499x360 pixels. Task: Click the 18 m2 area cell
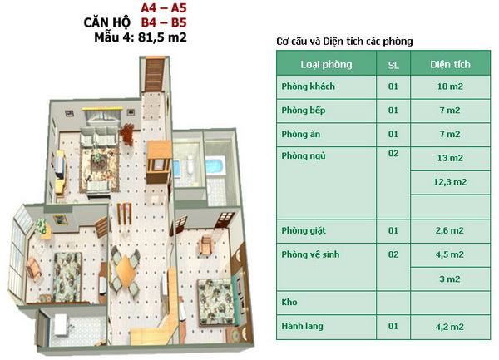pyautogui.click(x=450, y=86)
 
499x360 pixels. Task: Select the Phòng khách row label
pyautogui.click(x=308, y=86)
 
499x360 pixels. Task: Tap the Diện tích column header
pyautogui.click(x=450, y=64)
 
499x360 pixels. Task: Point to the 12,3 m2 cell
pyautogui.click(x=450, y=182)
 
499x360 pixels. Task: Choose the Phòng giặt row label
pyautogui.click(x=304, y=231)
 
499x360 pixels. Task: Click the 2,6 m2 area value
pyautogui.click(x=450, y=230)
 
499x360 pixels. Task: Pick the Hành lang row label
pyautogui.click(x=302, y=326)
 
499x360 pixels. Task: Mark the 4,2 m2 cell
pyautogui.click(x=450, y=327)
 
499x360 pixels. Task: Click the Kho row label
pyautogui.click(x=289, y=302)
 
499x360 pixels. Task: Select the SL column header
pyautogui.click(x=393, y=65)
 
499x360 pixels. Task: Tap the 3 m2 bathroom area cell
pyautogui.click(x=450, y=279)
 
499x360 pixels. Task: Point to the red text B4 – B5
pyautogui.click(x=164, y=22)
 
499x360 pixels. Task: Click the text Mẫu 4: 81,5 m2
pyautogui.click(x=141, y=37)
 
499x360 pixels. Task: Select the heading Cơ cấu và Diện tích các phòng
pyautogui.click(x=344, y=42)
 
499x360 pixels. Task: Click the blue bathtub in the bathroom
pyautogui.click(x=215, y=165)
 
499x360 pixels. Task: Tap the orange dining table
pyautogui.click(x=126, y=271)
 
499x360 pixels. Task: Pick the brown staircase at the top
pyautogui.click(x=155, y=75)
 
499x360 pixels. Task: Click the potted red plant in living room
pyautogui.click(x=128, y=135)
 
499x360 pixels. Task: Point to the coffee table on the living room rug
pyautogui.click(x=99, y=161)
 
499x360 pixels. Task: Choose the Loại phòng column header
pyautogui.click(x=326, y=65)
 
